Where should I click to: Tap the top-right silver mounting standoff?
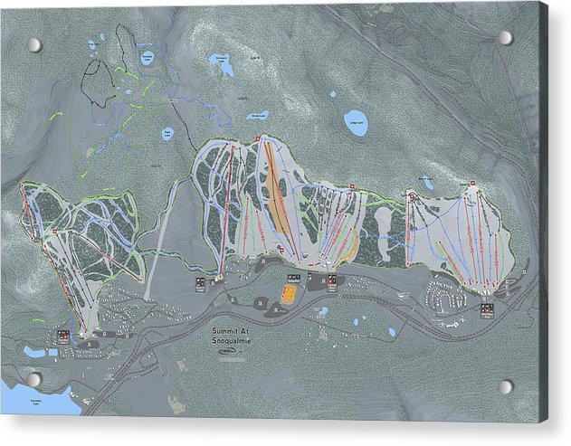point(505,37)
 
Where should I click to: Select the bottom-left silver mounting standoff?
point(33,379)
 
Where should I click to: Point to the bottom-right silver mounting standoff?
point(505,386)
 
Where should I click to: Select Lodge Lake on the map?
point(357,122)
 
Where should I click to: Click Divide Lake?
point(260,116)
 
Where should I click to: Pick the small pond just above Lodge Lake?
point(333,93)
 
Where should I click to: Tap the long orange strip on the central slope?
point(276,199)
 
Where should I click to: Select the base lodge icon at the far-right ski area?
point(489,310)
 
